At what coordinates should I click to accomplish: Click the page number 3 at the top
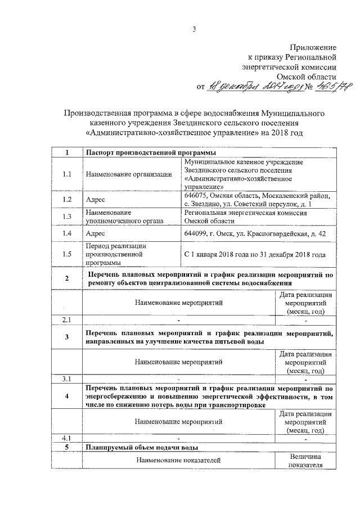click(193, 30)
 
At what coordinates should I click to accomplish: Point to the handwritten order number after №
click(328, 87)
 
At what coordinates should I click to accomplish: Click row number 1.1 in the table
click(67, 174)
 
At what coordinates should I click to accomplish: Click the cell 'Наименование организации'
click(129, 174)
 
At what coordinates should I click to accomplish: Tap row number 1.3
click(67, 217)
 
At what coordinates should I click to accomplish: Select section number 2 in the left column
click(67, 278)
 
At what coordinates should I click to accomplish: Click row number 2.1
click(67, 320)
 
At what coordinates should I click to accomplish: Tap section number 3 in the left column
click(67, 337)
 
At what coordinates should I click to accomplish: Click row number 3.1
click(67, 378)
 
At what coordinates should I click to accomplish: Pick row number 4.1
click(67, 437)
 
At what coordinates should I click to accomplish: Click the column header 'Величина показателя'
click(305, 461)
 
